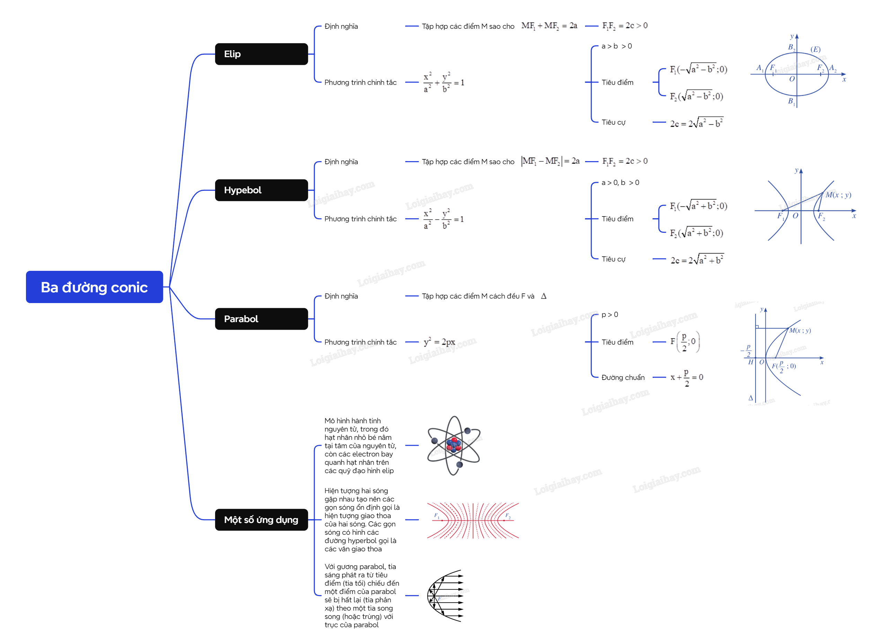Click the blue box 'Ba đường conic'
click(x=94, y=287)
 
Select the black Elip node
click(x=261, y=54)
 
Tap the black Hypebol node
click(x=261, y=190)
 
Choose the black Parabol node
click(x=261, y=319)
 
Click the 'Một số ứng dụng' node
click(x=261, y=520)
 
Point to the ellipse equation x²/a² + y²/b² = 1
click(x=444, y=82)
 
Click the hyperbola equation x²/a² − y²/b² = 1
click(x=444, y=219)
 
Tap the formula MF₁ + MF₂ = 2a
click(x=549, y=26)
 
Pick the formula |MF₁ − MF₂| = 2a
click(x=550, y=161)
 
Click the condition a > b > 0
click(x=616, y=46)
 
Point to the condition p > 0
click(x=609, y=314)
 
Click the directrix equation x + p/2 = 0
click(x=687, y=378)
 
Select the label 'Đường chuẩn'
click(x=623, y=378)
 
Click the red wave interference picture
click(x=473, y=520)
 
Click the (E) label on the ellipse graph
click(x=816, y=50)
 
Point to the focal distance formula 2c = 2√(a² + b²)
click(x=697, y=259)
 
